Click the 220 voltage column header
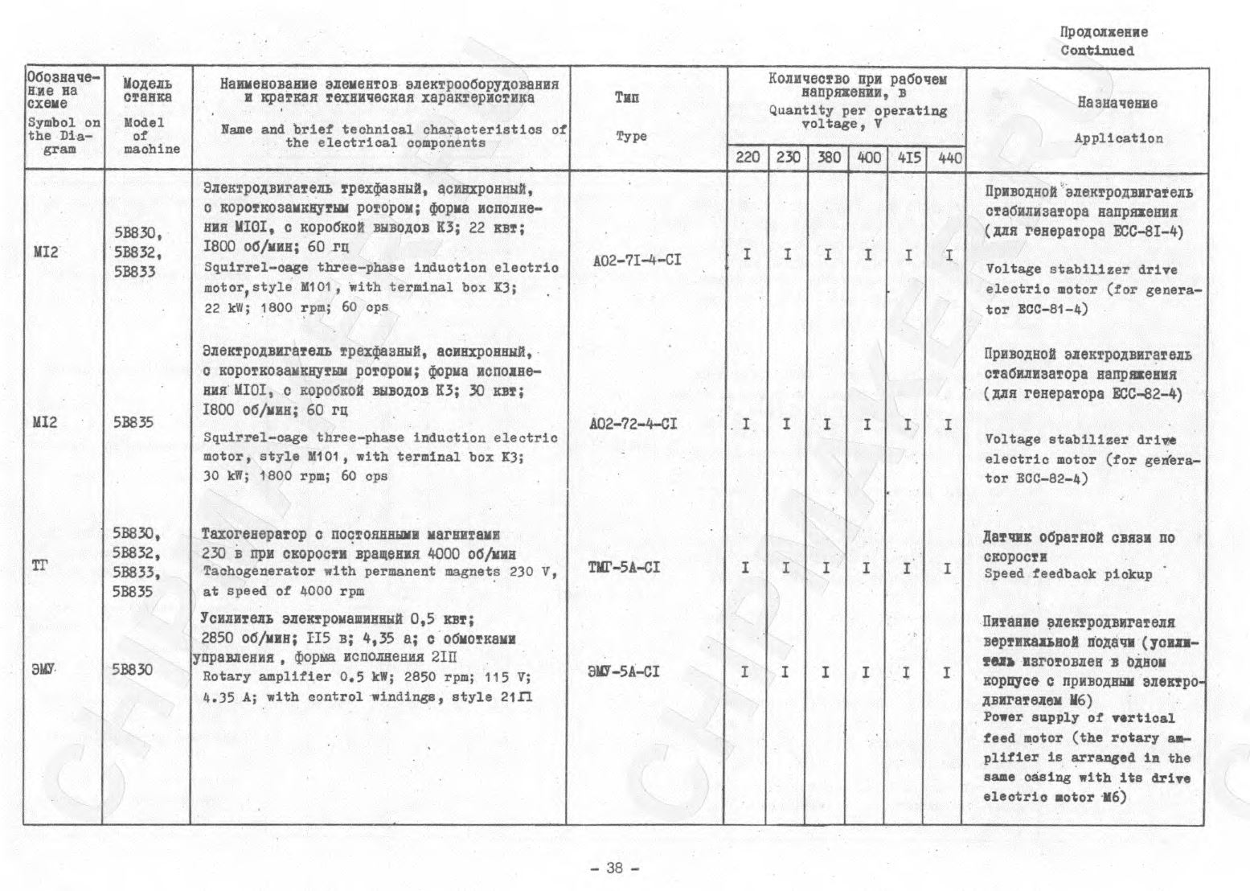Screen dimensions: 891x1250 (748, 157)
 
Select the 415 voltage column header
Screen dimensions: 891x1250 (908, 158)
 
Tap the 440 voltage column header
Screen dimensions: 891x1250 (949, 158)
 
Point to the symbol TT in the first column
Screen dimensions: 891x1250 (39, 566)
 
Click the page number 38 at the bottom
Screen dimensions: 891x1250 (615, 868)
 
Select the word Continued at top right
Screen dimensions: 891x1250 (1097, 51)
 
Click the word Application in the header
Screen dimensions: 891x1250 (1118, 138)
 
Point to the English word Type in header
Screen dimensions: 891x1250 (631, 136)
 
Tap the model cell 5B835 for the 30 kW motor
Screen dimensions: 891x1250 (133, 423)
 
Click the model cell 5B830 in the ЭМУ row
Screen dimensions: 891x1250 (133, 669)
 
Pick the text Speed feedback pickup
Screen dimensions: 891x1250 (1068, 574)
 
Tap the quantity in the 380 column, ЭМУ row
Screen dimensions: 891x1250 (826, 671)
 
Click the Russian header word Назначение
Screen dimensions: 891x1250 (1117, 103)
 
